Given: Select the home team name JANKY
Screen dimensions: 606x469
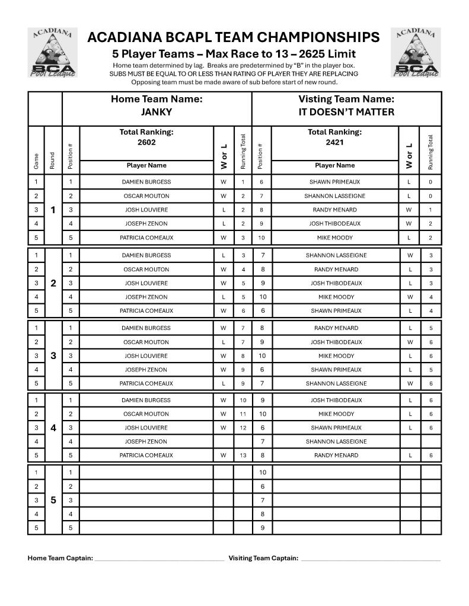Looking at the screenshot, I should pos(157,112).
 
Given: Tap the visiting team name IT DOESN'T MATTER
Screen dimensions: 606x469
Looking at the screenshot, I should pos(346,112).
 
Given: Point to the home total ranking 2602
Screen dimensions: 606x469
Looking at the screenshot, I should pos(146,142).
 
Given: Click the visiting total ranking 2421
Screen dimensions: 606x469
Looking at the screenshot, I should pos(334,142).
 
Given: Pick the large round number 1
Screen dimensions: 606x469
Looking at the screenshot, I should pos(53,210).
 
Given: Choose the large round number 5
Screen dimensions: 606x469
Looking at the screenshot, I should pos(53,500).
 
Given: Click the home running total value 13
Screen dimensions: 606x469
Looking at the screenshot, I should pos(243,456).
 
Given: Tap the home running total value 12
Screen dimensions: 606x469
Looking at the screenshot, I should pos(243,428).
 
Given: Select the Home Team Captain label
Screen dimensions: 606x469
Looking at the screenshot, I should pos(60,558).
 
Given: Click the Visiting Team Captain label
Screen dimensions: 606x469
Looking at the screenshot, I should pos(263,558).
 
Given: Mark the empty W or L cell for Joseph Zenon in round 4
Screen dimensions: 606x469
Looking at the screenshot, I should pos(224,441).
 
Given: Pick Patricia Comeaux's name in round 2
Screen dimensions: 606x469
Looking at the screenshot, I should pos(146,310).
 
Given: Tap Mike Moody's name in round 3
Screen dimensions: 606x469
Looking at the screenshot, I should pos(336,356).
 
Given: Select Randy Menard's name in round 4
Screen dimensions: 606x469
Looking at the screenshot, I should pos(336,456).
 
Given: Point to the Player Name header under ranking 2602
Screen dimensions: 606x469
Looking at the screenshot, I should pos(146,165).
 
